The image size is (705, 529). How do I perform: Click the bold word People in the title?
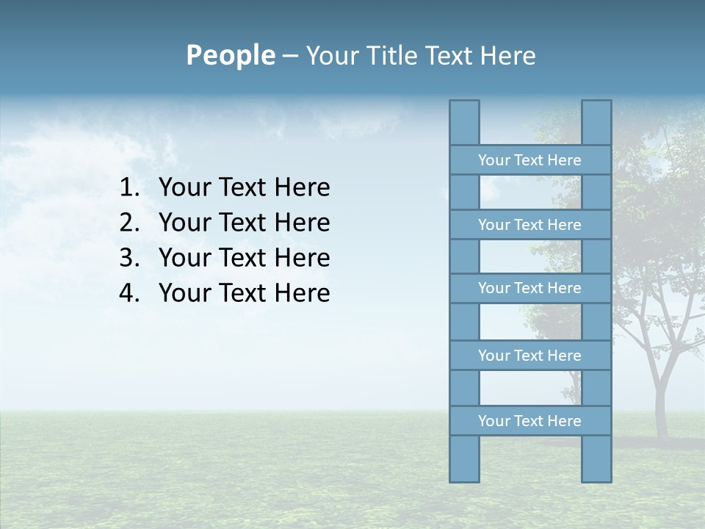[x=230, y=55]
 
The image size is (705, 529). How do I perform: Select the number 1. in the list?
[x=129, y=188]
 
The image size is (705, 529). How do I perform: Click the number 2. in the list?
[x=129, y=223]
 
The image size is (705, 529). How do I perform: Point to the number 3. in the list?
[x=129, y=258]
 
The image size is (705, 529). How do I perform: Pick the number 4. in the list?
[x=129, y=293]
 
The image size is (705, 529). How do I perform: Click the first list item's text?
[x=244, y=188]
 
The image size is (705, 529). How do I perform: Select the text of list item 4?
[x=244, y=293]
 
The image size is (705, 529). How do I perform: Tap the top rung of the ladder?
[x=529, y=160]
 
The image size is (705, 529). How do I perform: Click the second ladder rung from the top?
[x=529, y=225]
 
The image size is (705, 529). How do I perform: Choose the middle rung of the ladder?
[x=529, y=288]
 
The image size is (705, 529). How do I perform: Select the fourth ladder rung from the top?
[x=529, y=356]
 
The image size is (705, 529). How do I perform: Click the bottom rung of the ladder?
[x=529, y=421]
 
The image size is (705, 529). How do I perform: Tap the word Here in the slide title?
[x=507, y=56]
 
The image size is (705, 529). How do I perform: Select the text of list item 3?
[x=244, y=258]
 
